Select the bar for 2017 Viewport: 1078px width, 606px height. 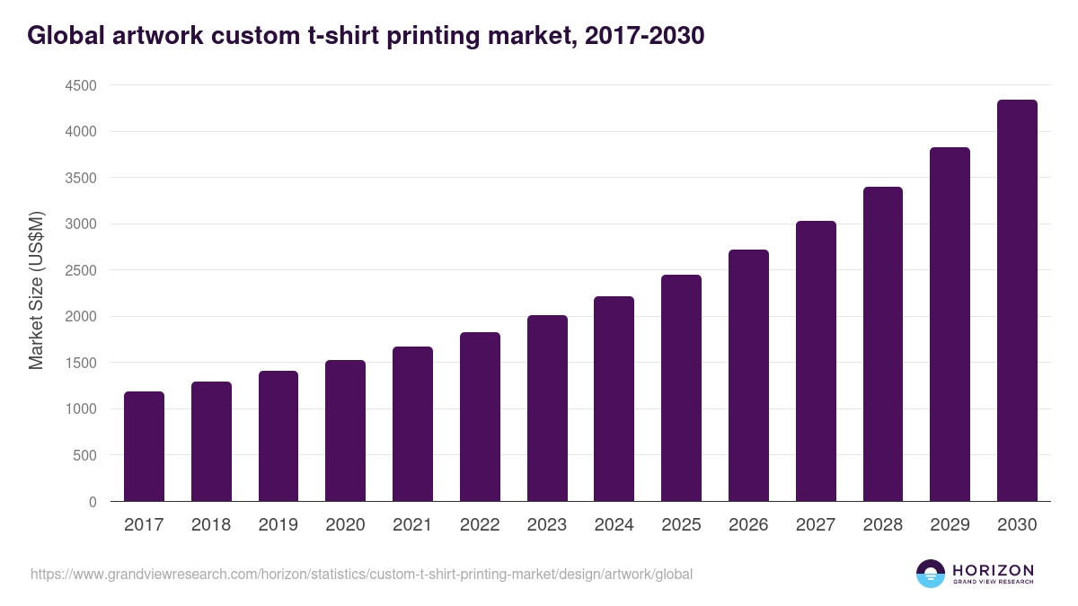[144, 446]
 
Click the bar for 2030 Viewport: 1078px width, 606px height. [1017, 301]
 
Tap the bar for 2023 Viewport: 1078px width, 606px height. [547, 408]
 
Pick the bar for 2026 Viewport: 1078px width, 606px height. [748, 375]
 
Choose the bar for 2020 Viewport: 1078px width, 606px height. [345, 431]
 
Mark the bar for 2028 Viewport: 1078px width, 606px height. [882, 344]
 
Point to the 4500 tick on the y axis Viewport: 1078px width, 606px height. [80, 85]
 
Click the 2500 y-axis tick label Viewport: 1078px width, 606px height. [80, 270]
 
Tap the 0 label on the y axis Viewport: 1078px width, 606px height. [92, 502]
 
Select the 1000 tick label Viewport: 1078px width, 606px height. [80, 409]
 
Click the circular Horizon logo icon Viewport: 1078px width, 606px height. [931, 574]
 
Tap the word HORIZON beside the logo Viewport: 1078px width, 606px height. [993, 570]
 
